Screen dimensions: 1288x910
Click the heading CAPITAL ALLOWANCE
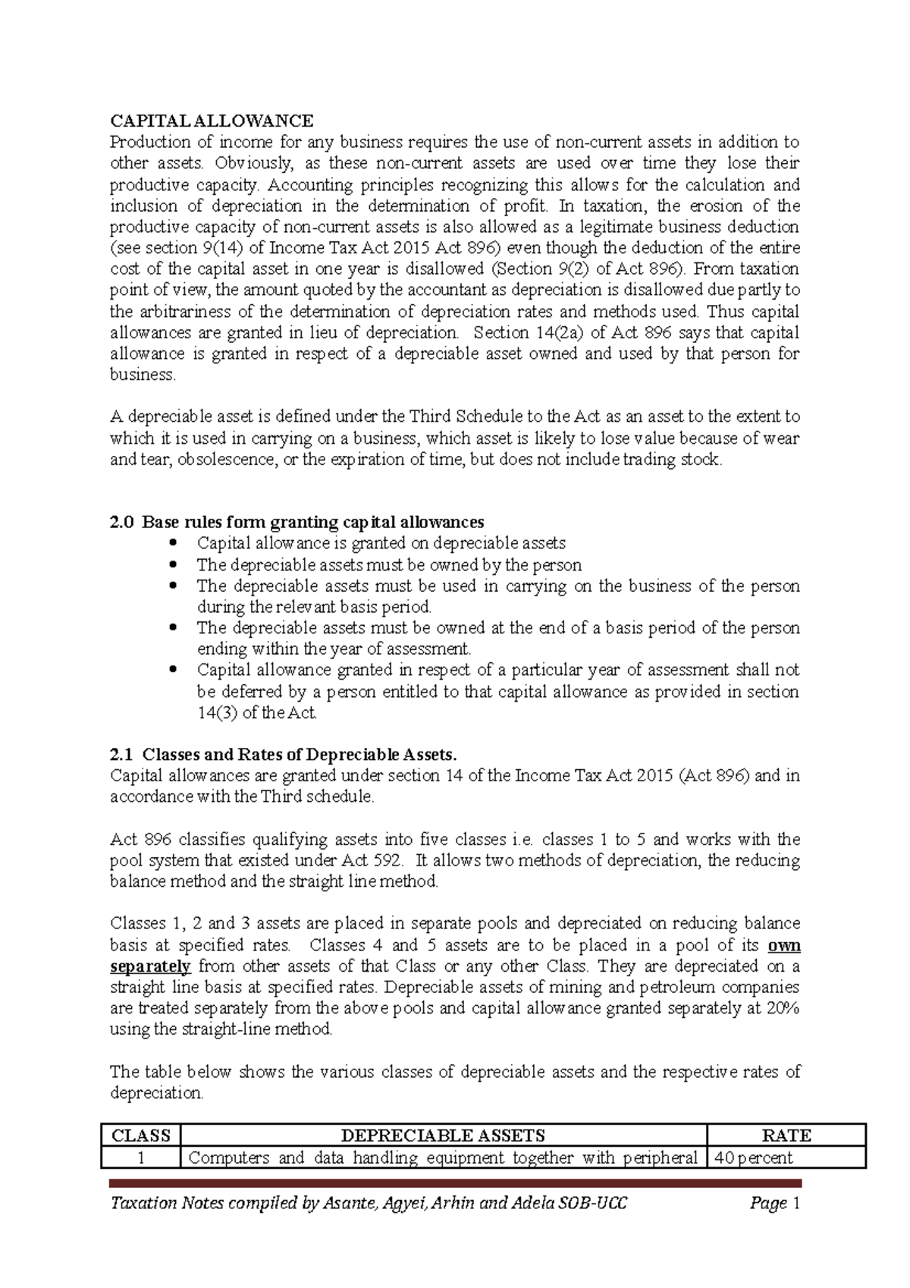pyautogui.click(x=212, y=121)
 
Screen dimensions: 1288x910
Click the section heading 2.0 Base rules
pyautogui.click(x=297, y=522)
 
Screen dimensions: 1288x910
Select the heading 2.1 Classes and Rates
pyautogui.click(x=284, y=754)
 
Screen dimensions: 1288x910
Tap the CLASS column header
pyautogui.click(x=140, y=1136)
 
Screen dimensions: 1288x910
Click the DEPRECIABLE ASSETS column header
pyautogui.click(x=443, y=1136)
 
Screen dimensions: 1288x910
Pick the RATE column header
pyautogui.click(x=786, y=1136)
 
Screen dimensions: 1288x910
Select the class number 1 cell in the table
pyautogui.click(x=140, y=1158)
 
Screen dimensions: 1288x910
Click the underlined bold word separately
pyautogui.click(x=150, y=966)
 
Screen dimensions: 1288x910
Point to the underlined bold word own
pyautogui.click(x=784, y=945)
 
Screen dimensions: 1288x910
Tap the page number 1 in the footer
pyautogui.click(x=796, y=1203)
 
